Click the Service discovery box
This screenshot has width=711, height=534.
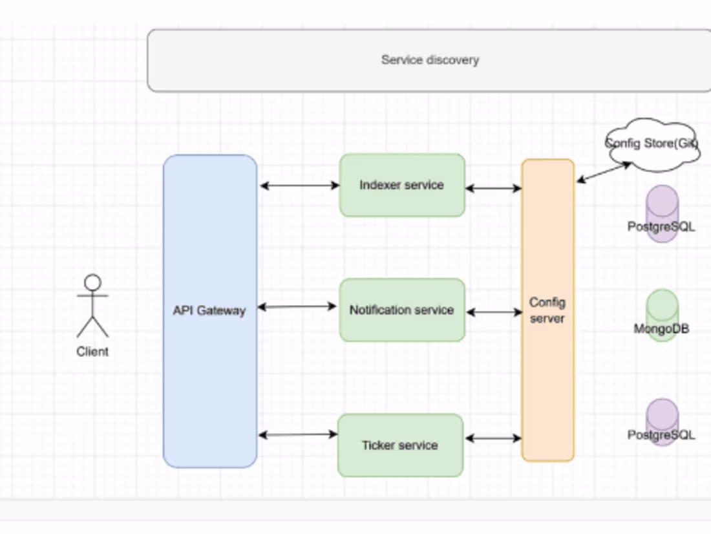tap(430, 60)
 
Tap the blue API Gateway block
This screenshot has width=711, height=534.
tap(209, 310)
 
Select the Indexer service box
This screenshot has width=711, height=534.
tap(401, 185)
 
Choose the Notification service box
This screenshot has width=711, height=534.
tap(401, 310)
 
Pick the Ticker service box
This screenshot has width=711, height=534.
tap(400, 445)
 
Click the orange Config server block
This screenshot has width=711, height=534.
tap(547, 310)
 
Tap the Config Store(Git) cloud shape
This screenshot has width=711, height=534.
tap(652, 144)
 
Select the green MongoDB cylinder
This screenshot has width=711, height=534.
tap(662, 315)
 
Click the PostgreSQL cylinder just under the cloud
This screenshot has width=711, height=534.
tap(662, 213)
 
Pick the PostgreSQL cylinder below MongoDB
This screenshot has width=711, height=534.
tap(662, 422)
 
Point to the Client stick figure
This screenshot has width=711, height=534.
tap(93, 306)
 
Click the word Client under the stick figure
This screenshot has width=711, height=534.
tap(92, 352)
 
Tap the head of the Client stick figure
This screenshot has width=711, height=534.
tap(93, 283)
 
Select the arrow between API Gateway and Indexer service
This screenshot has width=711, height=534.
tap(299, 186)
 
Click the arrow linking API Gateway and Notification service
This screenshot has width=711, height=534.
tap(297, 306)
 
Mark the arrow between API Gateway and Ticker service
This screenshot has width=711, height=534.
tap(297, 434)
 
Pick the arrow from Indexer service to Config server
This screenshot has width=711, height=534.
tap(493, 188)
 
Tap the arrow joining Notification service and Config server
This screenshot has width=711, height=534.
tap(494, 312)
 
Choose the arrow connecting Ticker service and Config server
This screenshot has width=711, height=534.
tap(493, 438)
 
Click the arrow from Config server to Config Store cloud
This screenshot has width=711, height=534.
tap(604, 172)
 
